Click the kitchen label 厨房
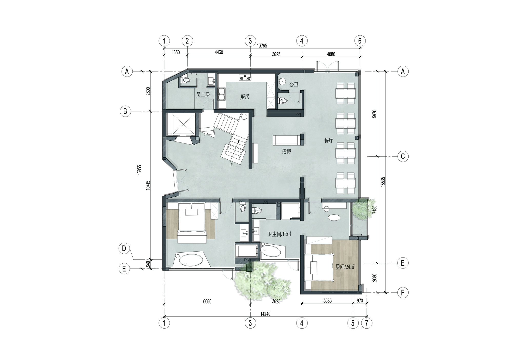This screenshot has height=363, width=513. [x=245, y=97]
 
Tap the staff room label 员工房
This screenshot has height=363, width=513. [x=203, y=95]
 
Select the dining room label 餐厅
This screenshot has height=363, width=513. [x=329, y=140]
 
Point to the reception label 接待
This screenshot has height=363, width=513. [x=286, y=151]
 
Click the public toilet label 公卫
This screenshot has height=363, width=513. [x=294, y=85]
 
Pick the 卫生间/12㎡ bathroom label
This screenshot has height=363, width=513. [x=279, y=234]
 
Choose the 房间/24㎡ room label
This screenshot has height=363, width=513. [x=345, y=267]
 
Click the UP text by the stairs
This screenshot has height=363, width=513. [x=231, y=165]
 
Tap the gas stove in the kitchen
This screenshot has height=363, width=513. [x=245, y=77]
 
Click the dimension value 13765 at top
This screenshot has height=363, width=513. [x=262, y=46]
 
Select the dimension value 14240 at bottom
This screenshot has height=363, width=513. [x=265, y=314]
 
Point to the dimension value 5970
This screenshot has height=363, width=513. [x=374, y=113]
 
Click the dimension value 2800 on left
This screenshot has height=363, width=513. [x=148, y=91]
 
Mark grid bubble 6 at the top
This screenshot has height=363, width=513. [x=360, y=41]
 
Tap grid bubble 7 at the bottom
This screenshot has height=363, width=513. [x=367, y=323]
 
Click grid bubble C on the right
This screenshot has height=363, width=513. [x=403, y=156]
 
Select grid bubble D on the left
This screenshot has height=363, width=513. [x=124, y=249]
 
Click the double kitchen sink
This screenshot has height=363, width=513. [x=221, y=94]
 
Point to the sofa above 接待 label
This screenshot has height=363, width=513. [x=286, y=140]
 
